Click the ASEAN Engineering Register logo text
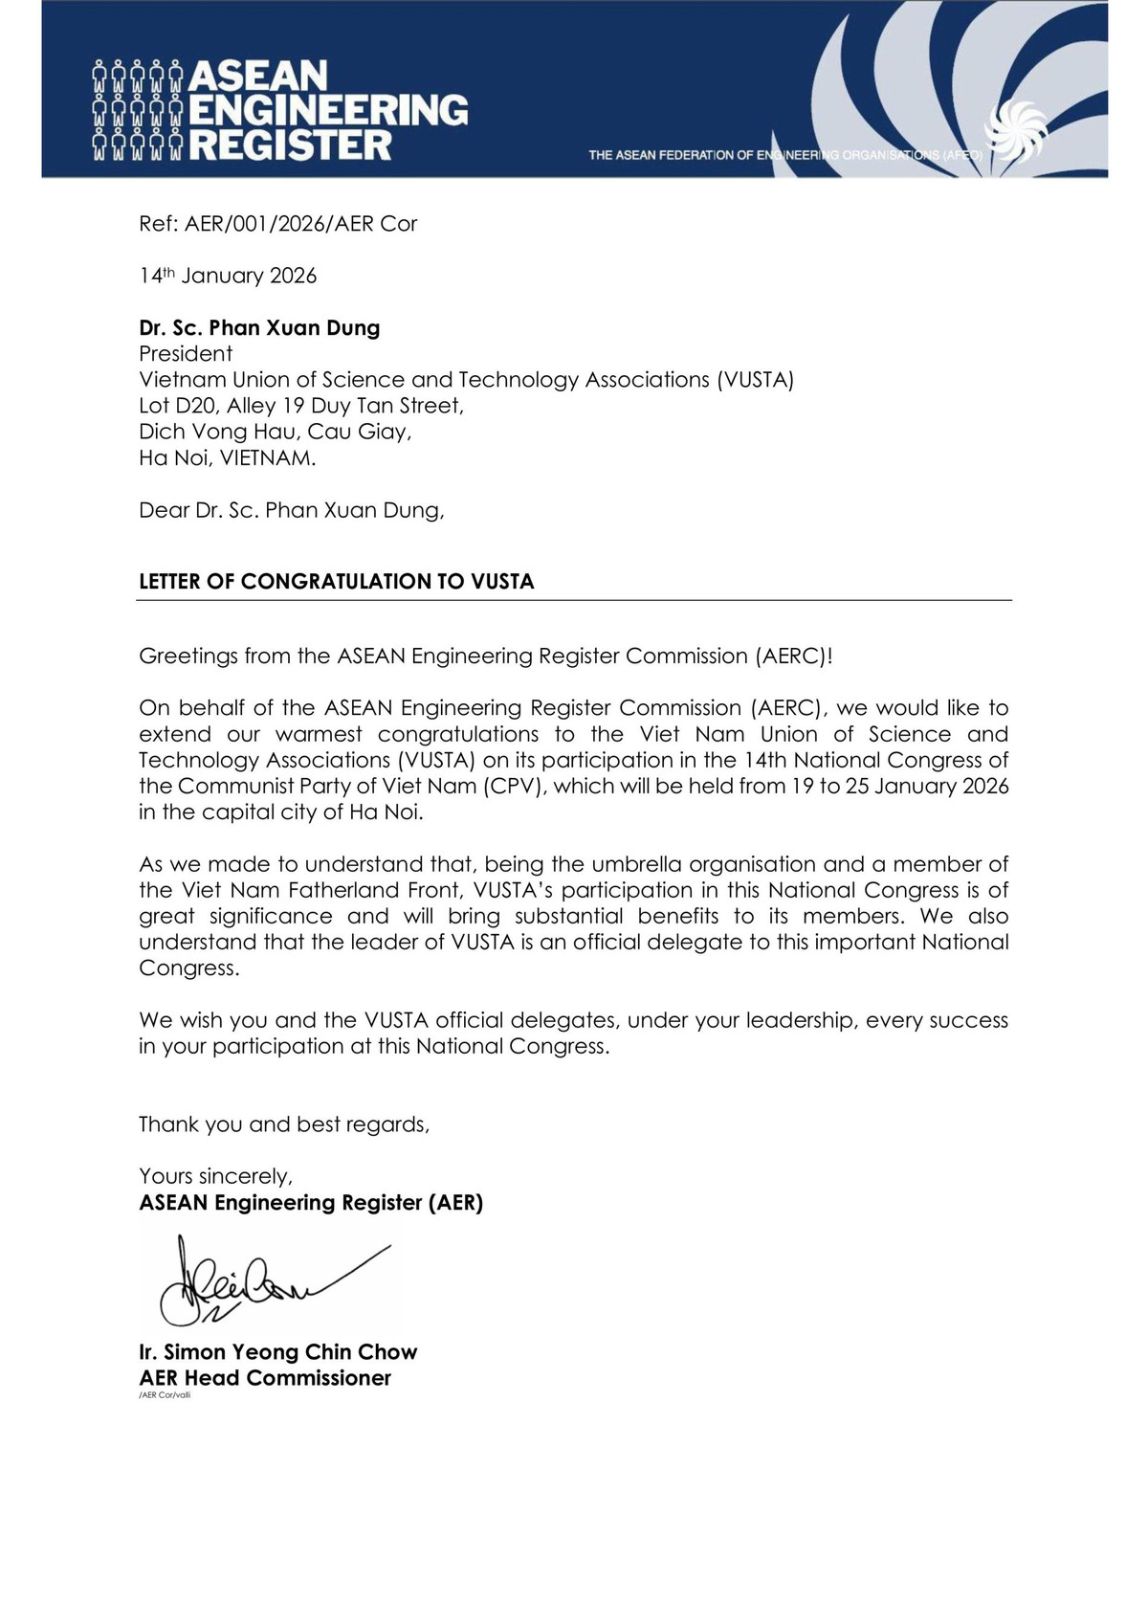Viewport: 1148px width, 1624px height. click(x=325, y=110)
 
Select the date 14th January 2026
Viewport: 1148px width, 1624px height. click(x=228, y=276)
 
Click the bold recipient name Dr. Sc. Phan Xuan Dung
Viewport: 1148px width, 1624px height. click(x=259, y=328)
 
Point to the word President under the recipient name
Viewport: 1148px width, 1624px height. click(x=186, y=354)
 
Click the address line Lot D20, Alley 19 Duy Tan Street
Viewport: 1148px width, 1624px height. click(x=301, y=406)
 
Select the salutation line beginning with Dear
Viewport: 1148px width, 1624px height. click(x=292, y=510)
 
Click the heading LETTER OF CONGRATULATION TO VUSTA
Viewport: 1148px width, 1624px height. click(x=337, y=582)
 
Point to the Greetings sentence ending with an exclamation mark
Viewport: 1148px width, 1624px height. click(x=486, y=656)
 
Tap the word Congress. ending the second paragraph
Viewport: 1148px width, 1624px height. click(x=188, y=968)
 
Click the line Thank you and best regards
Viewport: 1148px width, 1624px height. click(x=284, y=1124)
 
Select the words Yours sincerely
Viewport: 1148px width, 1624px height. click(x=216, y=1176)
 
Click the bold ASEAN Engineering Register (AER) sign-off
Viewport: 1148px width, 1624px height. click(x=311, y=1203)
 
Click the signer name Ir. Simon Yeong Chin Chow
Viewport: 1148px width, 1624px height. click(x=278, y=1352)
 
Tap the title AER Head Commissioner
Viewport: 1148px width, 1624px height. click(x=265, y=1378)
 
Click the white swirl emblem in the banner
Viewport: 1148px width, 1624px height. click(x=1016, y=131)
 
